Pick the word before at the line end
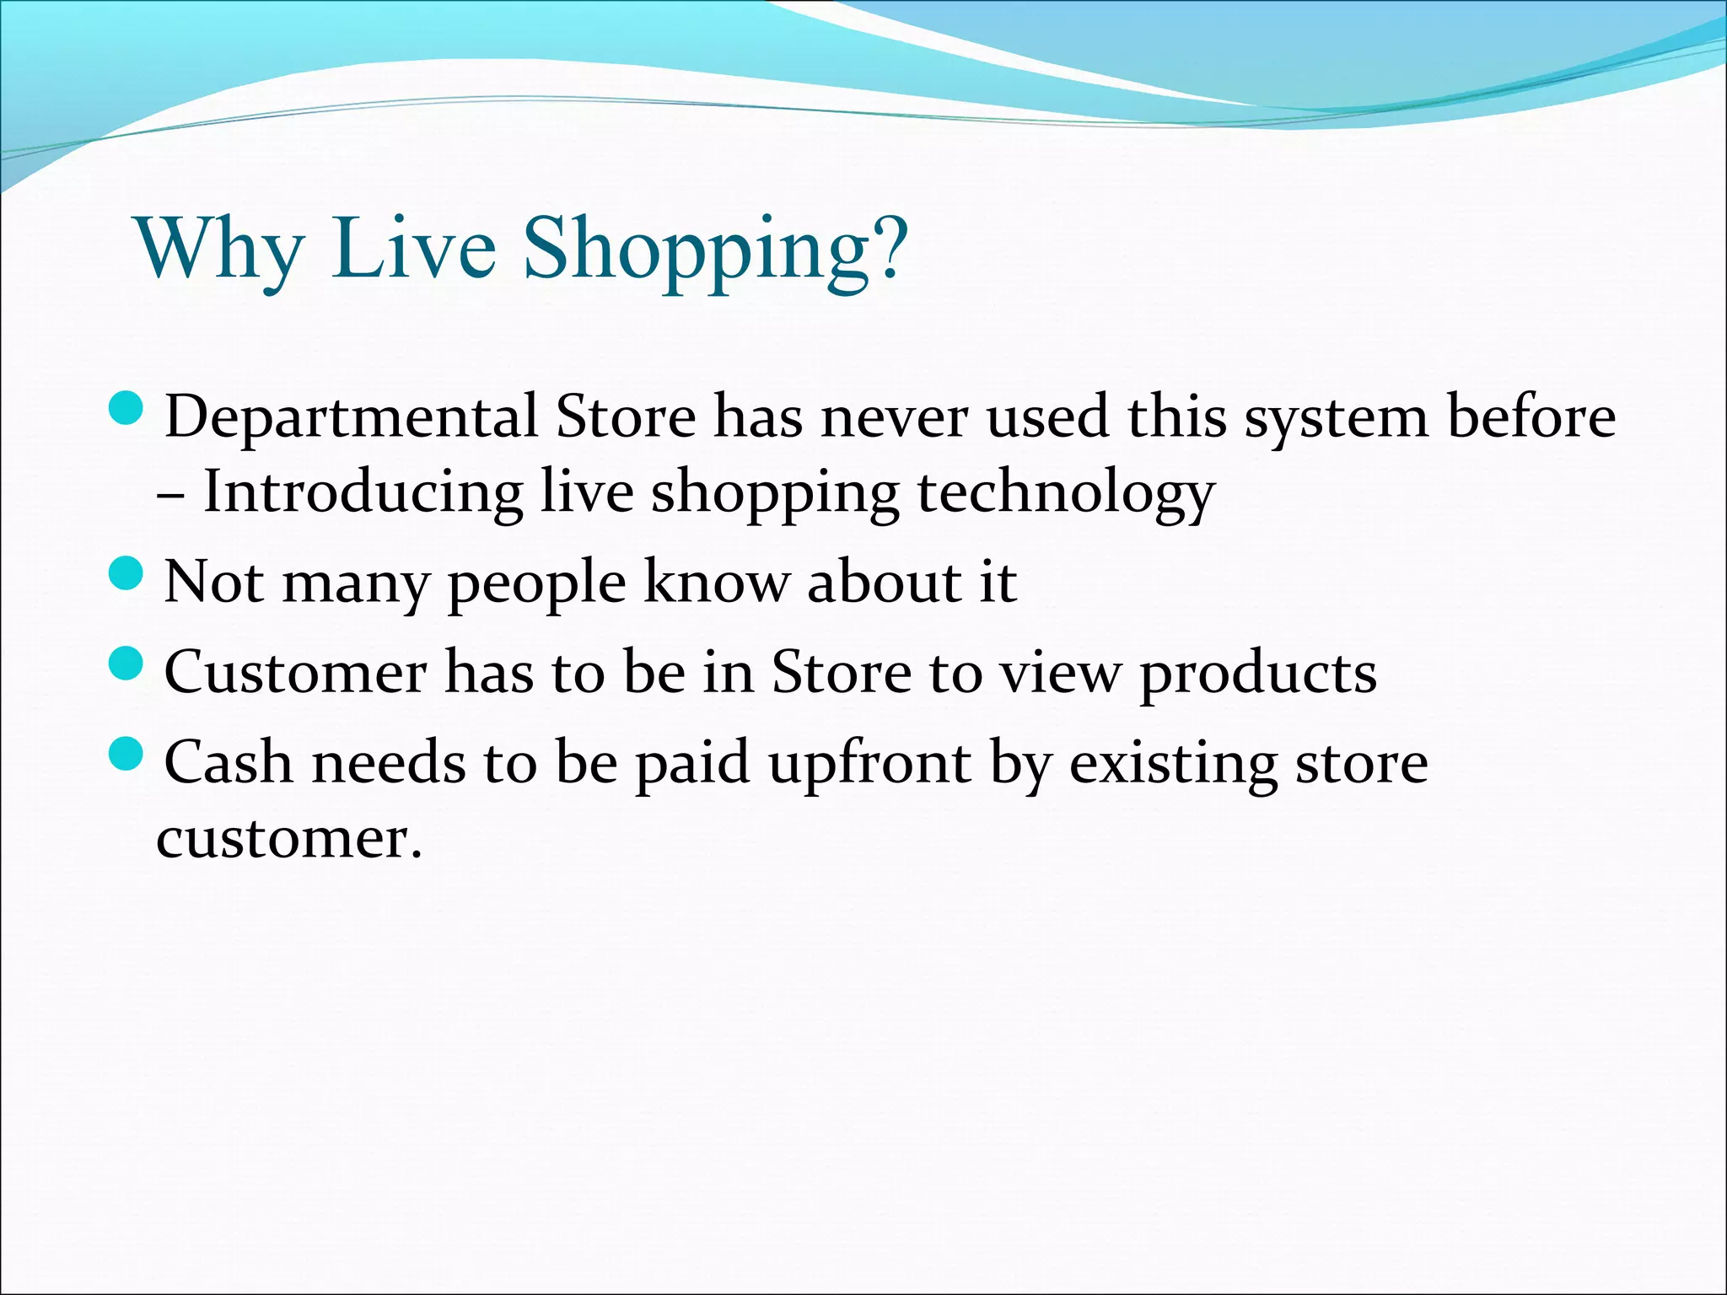1531,416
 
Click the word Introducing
363,492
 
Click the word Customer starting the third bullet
295,673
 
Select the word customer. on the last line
288,840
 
